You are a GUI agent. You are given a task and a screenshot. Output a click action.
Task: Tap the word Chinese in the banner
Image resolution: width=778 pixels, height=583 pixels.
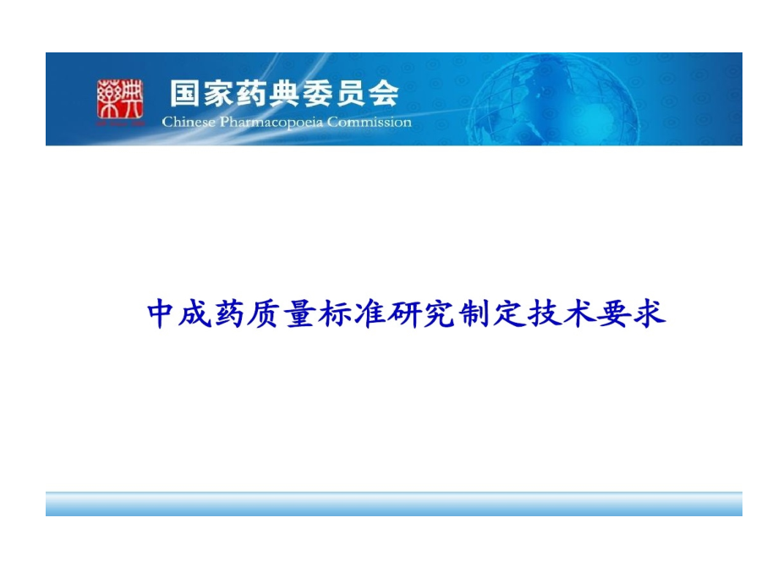pyautogui.click(x=189, y=122)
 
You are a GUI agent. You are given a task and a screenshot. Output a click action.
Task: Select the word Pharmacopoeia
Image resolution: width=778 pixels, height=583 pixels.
pyautogui.click(x=271, y=122)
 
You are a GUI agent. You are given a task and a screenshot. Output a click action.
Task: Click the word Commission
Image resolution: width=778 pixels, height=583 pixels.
pyautogui.click(x=370, y=122)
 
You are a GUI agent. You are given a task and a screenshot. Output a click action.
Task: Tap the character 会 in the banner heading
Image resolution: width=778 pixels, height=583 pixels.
pyautogui.click(x=383, y=93)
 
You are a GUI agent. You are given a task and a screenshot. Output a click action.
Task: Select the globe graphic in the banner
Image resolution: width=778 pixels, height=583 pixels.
pyautogui.click(x=553, y=99)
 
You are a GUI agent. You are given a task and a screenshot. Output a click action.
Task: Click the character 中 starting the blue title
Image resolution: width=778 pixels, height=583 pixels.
pyautogui.click(x=160, y=313)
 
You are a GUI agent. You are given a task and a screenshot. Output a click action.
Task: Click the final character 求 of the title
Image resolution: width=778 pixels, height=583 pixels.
pyautogui.click(x=649, y=313)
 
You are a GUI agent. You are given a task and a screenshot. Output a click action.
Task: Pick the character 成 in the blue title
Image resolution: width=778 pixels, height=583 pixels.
pyautogui.click(x=195, y=313)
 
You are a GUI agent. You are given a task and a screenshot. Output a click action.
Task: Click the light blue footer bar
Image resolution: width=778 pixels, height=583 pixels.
pyautogui.click(x=394, y=504)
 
